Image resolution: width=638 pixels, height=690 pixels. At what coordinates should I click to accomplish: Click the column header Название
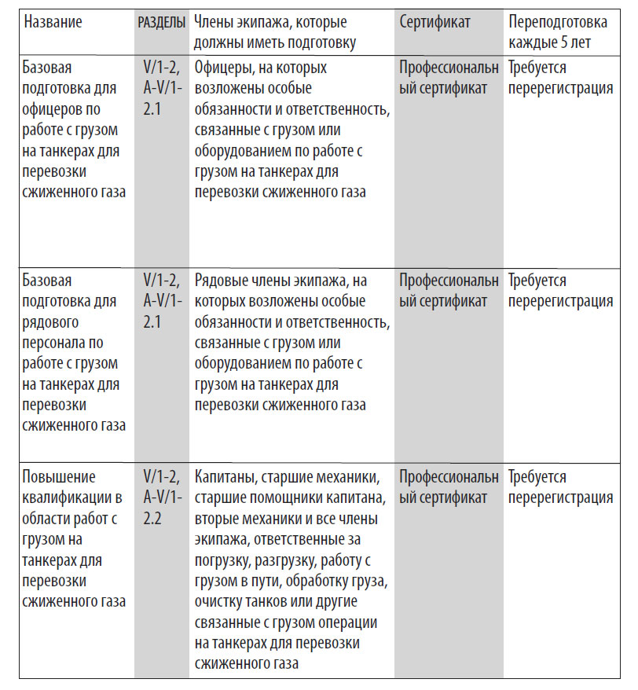pos(53,22)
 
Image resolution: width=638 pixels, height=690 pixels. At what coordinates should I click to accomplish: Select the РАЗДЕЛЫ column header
pos(161,22)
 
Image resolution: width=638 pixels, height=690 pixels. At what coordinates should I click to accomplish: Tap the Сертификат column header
pos(434,22)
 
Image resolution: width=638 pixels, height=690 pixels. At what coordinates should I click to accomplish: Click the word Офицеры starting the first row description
pos(224,68)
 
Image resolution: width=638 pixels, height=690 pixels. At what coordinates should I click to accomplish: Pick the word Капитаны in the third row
pos(224,477)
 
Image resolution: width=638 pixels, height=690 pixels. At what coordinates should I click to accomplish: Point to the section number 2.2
pos(152,519)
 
